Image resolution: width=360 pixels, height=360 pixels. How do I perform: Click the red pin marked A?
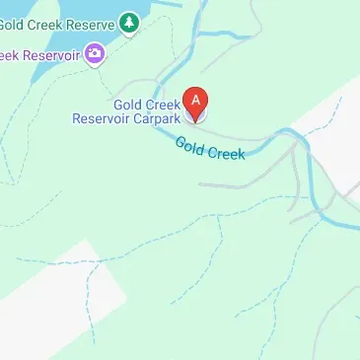196,103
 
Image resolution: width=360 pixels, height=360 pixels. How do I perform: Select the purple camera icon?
96,53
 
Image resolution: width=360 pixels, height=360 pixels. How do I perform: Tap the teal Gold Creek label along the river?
209,152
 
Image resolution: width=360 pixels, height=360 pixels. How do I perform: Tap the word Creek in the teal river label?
226,157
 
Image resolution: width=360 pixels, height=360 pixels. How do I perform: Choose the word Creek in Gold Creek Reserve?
46,21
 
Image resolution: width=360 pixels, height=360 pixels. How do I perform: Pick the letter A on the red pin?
196,99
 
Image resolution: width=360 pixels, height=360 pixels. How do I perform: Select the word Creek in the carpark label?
162,105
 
